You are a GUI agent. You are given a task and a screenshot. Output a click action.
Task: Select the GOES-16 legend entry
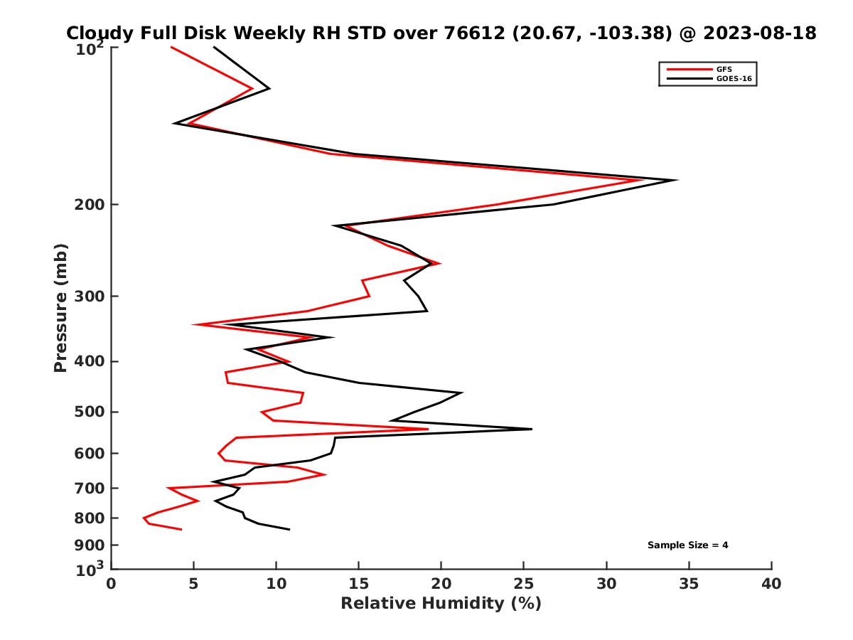(x=732, y=78)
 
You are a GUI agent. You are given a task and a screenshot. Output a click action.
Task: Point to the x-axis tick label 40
(x=771, y=584)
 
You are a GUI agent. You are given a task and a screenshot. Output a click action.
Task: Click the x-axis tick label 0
(x=112, y=584)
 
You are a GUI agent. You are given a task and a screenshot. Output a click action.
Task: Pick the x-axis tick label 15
(x=358, y=584)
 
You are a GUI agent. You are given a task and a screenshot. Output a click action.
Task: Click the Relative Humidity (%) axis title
(x=441, y=604)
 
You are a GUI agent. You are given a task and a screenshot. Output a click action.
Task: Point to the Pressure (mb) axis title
(x=60, y=307)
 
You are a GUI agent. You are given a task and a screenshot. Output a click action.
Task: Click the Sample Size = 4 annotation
(x=687, y=545)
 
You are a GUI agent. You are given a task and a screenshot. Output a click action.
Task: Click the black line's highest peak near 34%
(x=676, y=180)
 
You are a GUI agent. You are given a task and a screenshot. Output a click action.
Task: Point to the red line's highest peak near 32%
(x=643, y=180)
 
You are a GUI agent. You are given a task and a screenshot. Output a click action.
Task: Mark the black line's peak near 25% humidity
(x=531, y=429)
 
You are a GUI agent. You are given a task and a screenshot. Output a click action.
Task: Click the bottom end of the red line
(x=181, y=529)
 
